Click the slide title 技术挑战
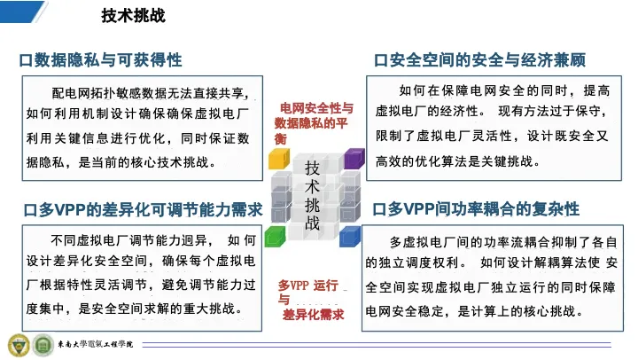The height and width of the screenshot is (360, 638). pyautogui.click(x=134, y=15)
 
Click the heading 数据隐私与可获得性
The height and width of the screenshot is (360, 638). pyautogui.click(x=108, y=60)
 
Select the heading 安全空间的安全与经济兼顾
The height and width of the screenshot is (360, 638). pyautogui.click(x=487, y=60)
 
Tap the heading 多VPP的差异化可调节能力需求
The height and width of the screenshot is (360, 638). pyautogui.click(x=151, y=210)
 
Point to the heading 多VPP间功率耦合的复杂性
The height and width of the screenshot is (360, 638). pyautogui.click(x=484, y=209)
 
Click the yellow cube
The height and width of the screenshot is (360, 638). pyautogui.click(x=279, y=159)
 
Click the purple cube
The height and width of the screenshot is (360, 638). pyautogui.click(x=354, y=159)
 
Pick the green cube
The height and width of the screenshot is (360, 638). pyautogui.click(x=275, y=237)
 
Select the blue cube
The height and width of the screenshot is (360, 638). pyautogui.click(x=349, y=237)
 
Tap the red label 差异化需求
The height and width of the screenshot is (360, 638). pyautogui.click(x=314, y=315)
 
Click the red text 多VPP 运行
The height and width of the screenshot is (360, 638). pyautogui.click(x=308, y=286)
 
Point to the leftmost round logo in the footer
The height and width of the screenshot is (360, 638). pyautogui.click(x=19, y=345)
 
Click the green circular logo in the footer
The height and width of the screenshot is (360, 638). pyautogui.click(x=43, y=345)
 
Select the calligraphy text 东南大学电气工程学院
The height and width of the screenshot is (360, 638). pyautogui.click(x=95, y=345)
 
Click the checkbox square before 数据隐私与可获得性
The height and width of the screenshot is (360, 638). pyautogui.click(x=26, y=60)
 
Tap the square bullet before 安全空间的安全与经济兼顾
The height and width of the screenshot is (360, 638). pyautogui.click(x=380, y=60)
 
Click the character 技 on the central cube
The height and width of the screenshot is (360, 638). pyautogui.click(x=312, y=168)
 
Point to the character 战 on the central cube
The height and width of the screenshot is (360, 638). pyautogui.click(x=312, y=223)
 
